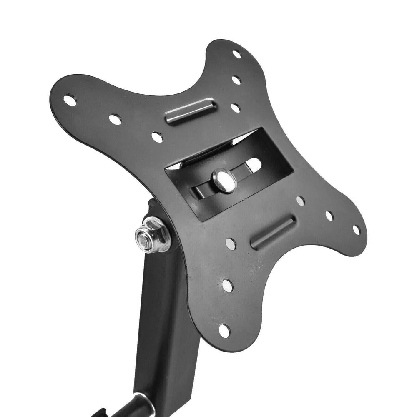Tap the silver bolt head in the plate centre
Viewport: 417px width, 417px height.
coord(223,181)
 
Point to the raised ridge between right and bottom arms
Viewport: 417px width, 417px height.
coord(273,232)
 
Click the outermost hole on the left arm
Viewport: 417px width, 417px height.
coord(70,100)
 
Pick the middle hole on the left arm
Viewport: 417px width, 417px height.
coord(115,119)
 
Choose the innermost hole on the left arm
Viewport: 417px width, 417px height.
coord(157,137)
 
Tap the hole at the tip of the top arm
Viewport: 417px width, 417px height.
coord(236,54)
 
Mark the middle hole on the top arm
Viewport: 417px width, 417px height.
coord(236,80)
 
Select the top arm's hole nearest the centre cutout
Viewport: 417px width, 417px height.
coord(236,108)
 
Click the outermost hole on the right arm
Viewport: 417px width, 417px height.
coord(356,229)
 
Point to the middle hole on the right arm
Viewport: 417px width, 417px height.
coord(329,216)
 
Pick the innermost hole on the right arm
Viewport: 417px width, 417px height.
coord(300,201)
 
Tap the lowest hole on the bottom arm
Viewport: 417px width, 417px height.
coord(224,331)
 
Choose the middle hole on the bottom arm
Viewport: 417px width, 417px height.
coord(228,285)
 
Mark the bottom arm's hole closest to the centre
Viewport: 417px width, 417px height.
coord(231,244)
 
